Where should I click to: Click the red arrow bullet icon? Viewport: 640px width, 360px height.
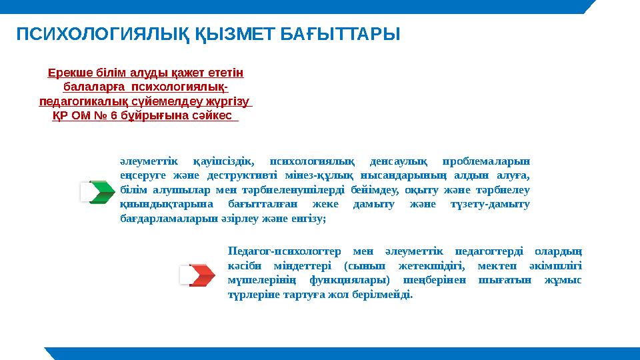pos(200,275)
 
